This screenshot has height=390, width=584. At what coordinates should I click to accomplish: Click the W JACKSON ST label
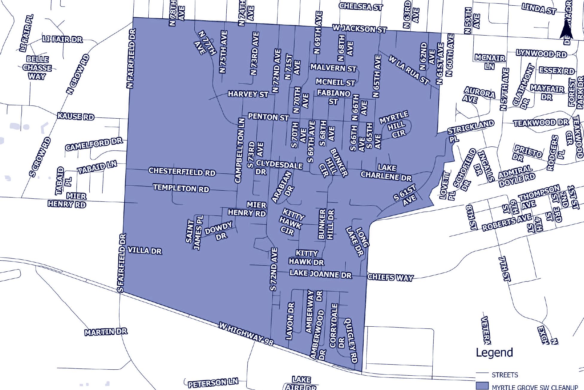coord(360,29)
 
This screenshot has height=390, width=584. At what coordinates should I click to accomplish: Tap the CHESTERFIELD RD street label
coord(182,172)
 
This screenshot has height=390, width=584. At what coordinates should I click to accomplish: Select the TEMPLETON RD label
coord(181,188)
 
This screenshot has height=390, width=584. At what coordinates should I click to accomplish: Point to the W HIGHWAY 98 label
coord(246,334)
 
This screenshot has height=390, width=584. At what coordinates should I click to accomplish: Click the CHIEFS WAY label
coord(390,277)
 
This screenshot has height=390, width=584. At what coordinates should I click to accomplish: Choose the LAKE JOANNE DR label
coord(321,274)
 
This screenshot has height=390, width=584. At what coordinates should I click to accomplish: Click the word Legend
coord(494,352)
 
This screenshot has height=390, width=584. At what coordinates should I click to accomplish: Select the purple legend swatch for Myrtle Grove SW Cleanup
coord(482,386)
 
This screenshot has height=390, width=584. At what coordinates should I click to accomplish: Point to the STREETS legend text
coord(505,375)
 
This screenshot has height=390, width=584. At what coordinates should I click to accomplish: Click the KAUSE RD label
coord(76,116)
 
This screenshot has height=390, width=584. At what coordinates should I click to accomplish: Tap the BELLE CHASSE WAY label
coord(37,68)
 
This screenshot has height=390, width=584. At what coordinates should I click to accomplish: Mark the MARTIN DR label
coord(106,332)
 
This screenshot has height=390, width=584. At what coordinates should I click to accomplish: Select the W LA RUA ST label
coord(409,70)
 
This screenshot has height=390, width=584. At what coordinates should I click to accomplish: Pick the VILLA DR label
coord(145,250)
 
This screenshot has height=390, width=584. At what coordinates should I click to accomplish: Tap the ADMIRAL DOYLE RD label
coord(516,176)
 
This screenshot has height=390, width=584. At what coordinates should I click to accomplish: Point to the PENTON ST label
coord(268,117)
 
